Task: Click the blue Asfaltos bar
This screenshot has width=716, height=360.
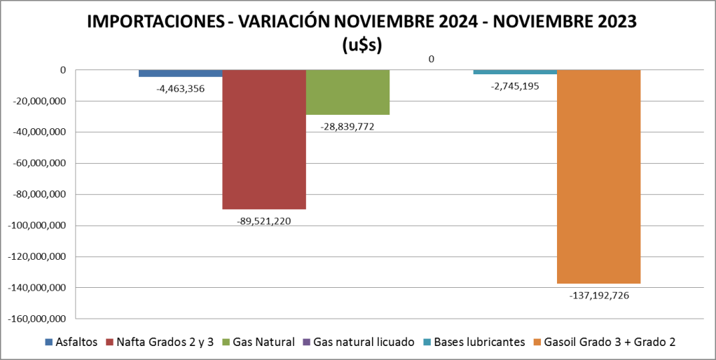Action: (181, 74)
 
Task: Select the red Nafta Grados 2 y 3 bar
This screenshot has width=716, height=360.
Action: (264, 139)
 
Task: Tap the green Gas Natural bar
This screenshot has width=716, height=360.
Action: (347, 92)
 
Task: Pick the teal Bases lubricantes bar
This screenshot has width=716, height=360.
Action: (515, 72)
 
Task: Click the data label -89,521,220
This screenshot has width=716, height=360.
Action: (264, 221)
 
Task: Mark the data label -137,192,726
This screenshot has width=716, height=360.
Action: (599, 295)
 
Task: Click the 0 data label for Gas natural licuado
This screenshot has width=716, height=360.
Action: (431, 59)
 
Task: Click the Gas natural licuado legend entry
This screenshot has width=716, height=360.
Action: (357, 342)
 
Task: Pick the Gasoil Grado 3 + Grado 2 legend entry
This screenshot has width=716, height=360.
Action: (605, 342)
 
